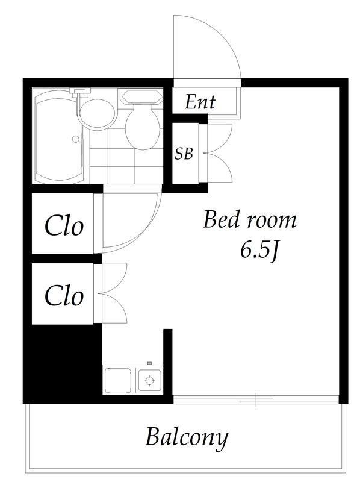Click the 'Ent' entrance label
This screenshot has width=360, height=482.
200,102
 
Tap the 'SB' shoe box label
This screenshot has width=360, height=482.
184,154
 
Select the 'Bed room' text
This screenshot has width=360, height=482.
250,220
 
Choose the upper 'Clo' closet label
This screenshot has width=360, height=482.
64,227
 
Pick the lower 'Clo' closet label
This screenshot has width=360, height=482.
64,296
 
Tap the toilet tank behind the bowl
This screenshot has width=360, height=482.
141,96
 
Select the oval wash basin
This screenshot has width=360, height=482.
98,114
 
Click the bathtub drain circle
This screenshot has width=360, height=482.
76,139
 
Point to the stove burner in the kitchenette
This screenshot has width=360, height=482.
149,381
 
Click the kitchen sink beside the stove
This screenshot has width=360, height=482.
118,380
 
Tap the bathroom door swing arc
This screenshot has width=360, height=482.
147,234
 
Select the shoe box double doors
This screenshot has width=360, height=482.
219,153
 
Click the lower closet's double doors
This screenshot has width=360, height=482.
114,293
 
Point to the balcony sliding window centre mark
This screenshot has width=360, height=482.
256,399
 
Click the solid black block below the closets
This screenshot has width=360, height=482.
63,363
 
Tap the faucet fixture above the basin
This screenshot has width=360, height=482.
80,92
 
